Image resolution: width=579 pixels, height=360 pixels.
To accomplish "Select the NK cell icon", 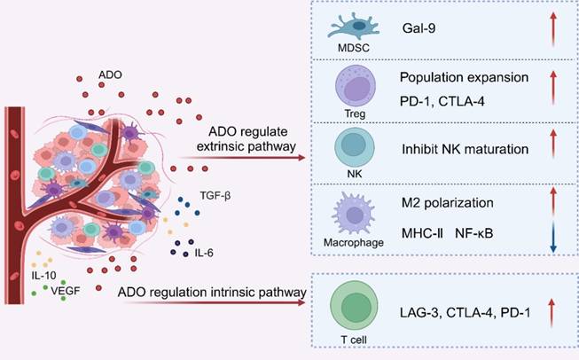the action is point(355,147).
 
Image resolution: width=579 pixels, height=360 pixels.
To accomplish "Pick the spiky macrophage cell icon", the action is point(354,215).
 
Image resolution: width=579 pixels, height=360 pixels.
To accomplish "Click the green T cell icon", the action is point(354,307).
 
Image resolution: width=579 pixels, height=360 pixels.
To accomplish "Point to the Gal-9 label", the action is point(419,28).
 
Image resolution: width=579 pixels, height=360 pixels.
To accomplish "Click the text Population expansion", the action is point(464,77).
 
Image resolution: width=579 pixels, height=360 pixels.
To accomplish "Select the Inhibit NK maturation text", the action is point(465,149).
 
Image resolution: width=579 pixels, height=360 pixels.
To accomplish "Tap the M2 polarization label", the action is point(447,203).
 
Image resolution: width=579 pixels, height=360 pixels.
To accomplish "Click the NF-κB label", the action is point(474,233).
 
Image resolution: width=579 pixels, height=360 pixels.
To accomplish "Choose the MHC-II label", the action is point(422,233).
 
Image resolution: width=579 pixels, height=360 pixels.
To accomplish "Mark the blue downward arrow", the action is point(552,238).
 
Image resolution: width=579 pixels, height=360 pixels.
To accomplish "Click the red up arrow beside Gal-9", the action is point(552,28).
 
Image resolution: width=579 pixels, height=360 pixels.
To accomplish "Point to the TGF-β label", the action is point(215,195).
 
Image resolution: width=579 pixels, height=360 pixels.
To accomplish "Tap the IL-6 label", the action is point(204,254).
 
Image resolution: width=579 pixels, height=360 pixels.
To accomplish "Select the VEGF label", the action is point(66,291).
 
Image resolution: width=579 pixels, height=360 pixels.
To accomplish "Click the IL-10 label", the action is point(44,276).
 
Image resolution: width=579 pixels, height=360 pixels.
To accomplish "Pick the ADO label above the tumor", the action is point(110,75).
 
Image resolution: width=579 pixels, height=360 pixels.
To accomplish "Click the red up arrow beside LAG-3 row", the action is point(552,313).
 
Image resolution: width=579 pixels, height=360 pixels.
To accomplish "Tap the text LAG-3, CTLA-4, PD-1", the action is point(465,313).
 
